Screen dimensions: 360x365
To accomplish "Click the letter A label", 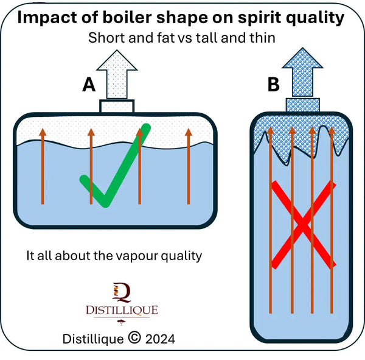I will coord(89,85).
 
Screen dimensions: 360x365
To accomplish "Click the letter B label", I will coord(274,85).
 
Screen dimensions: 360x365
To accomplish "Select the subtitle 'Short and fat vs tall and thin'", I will coord(182,37).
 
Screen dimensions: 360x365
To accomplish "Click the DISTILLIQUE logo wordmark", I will coord(121,311).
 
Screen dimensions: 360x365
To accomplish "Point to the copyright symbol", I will coord(134,338).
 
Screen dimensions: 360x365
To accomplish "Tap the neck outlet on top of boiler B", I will coord(303,105).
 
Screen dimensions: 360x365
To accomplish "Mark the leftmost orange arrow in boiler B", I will coord(270,219).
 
